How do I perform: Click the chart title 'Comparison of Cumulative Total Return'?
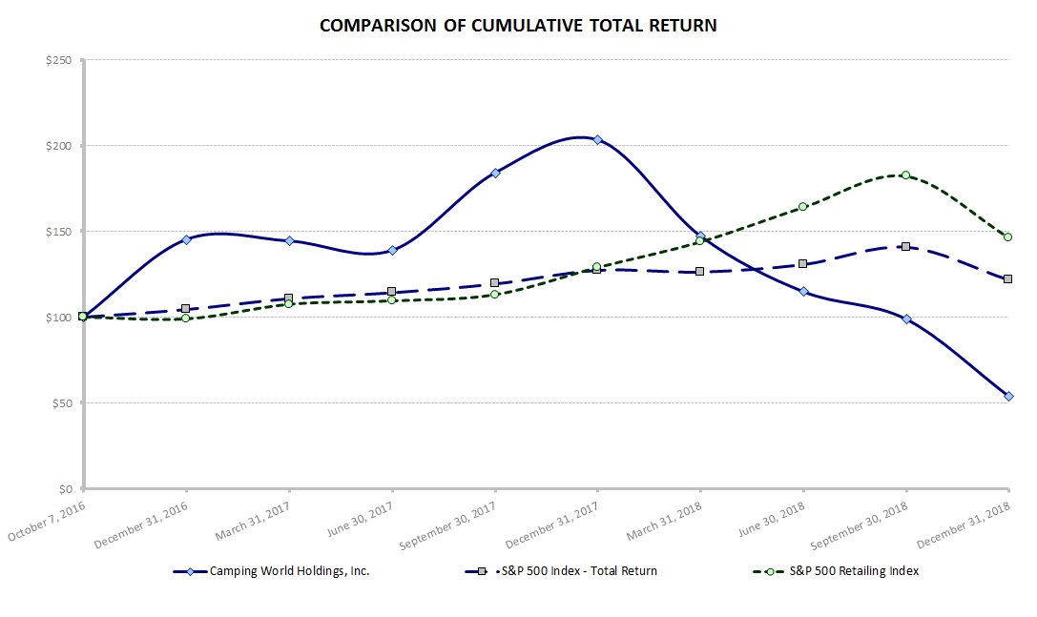pyautogui.click(x=518, y=26)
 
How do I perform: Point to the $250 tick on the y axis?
pyautogui.click(x=59, y=60)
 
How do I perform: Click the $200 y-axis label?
pyautogui.click(x=59, y=146)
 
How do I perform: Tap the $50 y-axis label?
pyautogui.click(x=62, y=403)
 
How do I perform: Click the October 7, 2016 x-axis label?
pyautogui.click(x=48, y=521)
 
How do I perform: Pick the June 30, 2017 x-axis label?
pyautogui.click(x=360, y=520)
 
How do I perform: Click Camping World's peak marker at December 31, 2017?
pyautogui.click(x=597, y=140)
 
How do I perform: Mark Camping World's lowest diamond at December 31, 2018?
pyautogui.click(x=1008, y=396)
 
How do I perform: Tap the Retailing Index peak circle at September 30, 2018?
pyautogui.click(x=905, y=175)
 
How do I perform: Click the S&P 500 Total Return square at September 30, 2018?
pyautogui.click(x=905, y=247)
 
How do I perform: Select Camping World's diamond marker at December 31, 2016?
pyautogui.click(x=186, y=239)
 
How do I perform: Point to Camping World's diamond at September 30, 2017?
pyautogui.click(x=495, y=173)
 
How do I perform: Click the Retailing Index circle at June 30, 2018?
pyautogui.click(x=802, y=206)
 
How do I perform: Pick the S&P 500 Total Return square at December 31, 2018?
pyautogui.click(x=1008, y=278)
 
